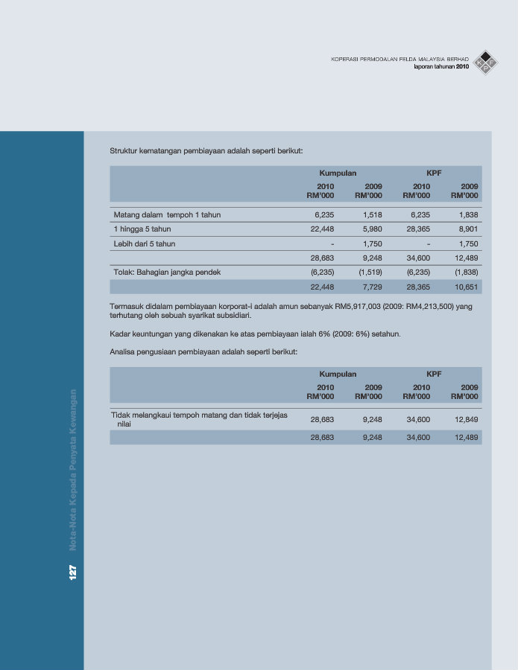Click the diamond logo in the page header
tap(486, 62)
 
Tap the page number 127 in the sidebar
tap(72, 572)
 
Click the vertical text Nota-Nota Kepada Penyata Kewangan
tap(73, 470)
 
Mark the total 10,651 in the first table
tap(467, 287)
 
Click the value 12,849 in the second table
tap(467, 419)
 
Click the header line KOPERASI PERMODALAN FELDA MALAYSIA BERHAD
tap(399, 59)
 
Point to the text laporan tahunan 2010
tap(441, 67)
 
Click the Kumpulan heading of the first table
tap(338, 173)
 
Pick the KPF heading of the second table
tap(434, 374)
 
